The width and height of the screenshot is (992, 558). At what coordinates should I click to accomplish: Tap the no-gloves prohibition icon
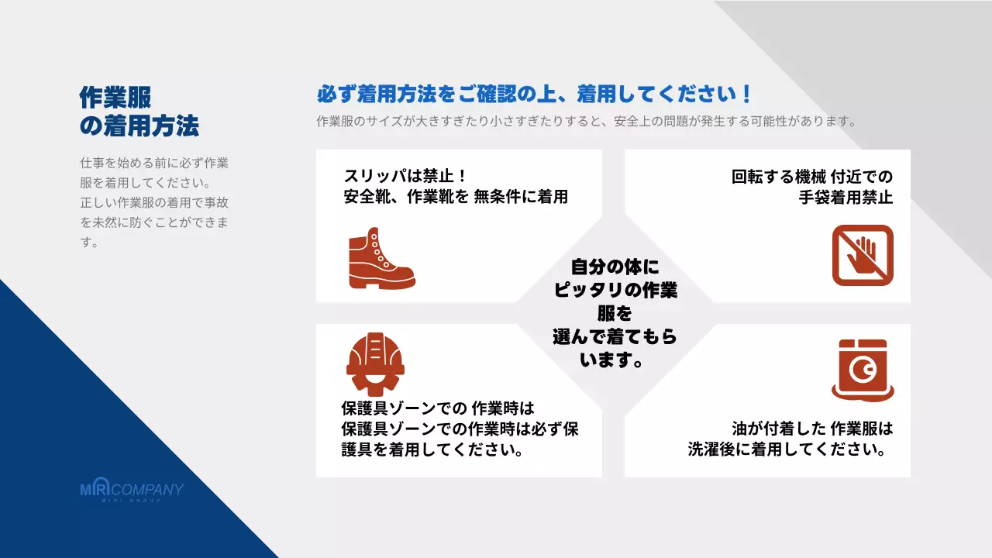click(863, 256)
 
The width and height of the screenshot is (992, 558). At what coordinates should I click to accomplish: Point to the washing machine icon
click(863, 370)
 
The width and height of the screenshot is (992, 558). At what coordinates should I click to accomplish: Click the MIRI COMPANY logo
click(132, 491)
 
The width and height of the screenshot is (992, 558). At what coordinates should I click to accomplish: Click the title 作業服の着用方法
click(139, 111)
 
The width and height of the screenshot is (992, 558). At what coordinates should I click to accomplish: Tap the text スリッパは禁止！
click(404, 176)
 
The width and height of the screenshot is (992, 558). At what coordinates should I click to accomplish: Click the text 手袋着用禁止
click(846, 197)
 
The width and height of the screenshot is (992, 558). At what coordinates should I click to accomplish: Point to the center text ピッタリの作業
click(615, 291)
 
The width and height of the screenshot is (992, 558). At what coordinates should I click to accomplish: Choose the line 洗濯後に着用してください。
click(787, 449)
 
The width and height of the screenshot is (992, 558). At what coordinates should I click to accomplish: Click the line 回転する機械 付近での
click(811, 176)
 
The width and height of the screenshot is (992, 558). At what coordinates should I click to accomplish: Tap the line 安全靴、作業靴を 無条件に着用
click(456, 197)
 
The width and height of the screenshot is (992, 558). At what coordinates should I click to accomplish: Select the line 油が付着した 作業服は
click(812, 428)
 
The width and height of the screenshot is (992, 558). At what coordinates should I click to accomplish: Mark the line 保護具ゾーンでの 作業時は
click(438, 408)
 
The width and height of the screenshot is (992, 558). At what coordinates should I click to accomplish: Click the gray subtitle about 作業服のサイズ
click(586, 122)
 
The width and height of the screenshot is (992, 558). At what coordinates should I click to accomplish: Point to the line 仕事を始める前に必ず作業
click(154, 164)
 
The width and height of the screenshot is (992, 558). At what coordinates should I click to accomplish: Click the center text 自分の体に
click(615, 267)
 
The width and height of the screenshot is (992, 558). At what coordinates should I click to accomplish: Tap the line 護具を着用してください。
click(431, 449)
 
